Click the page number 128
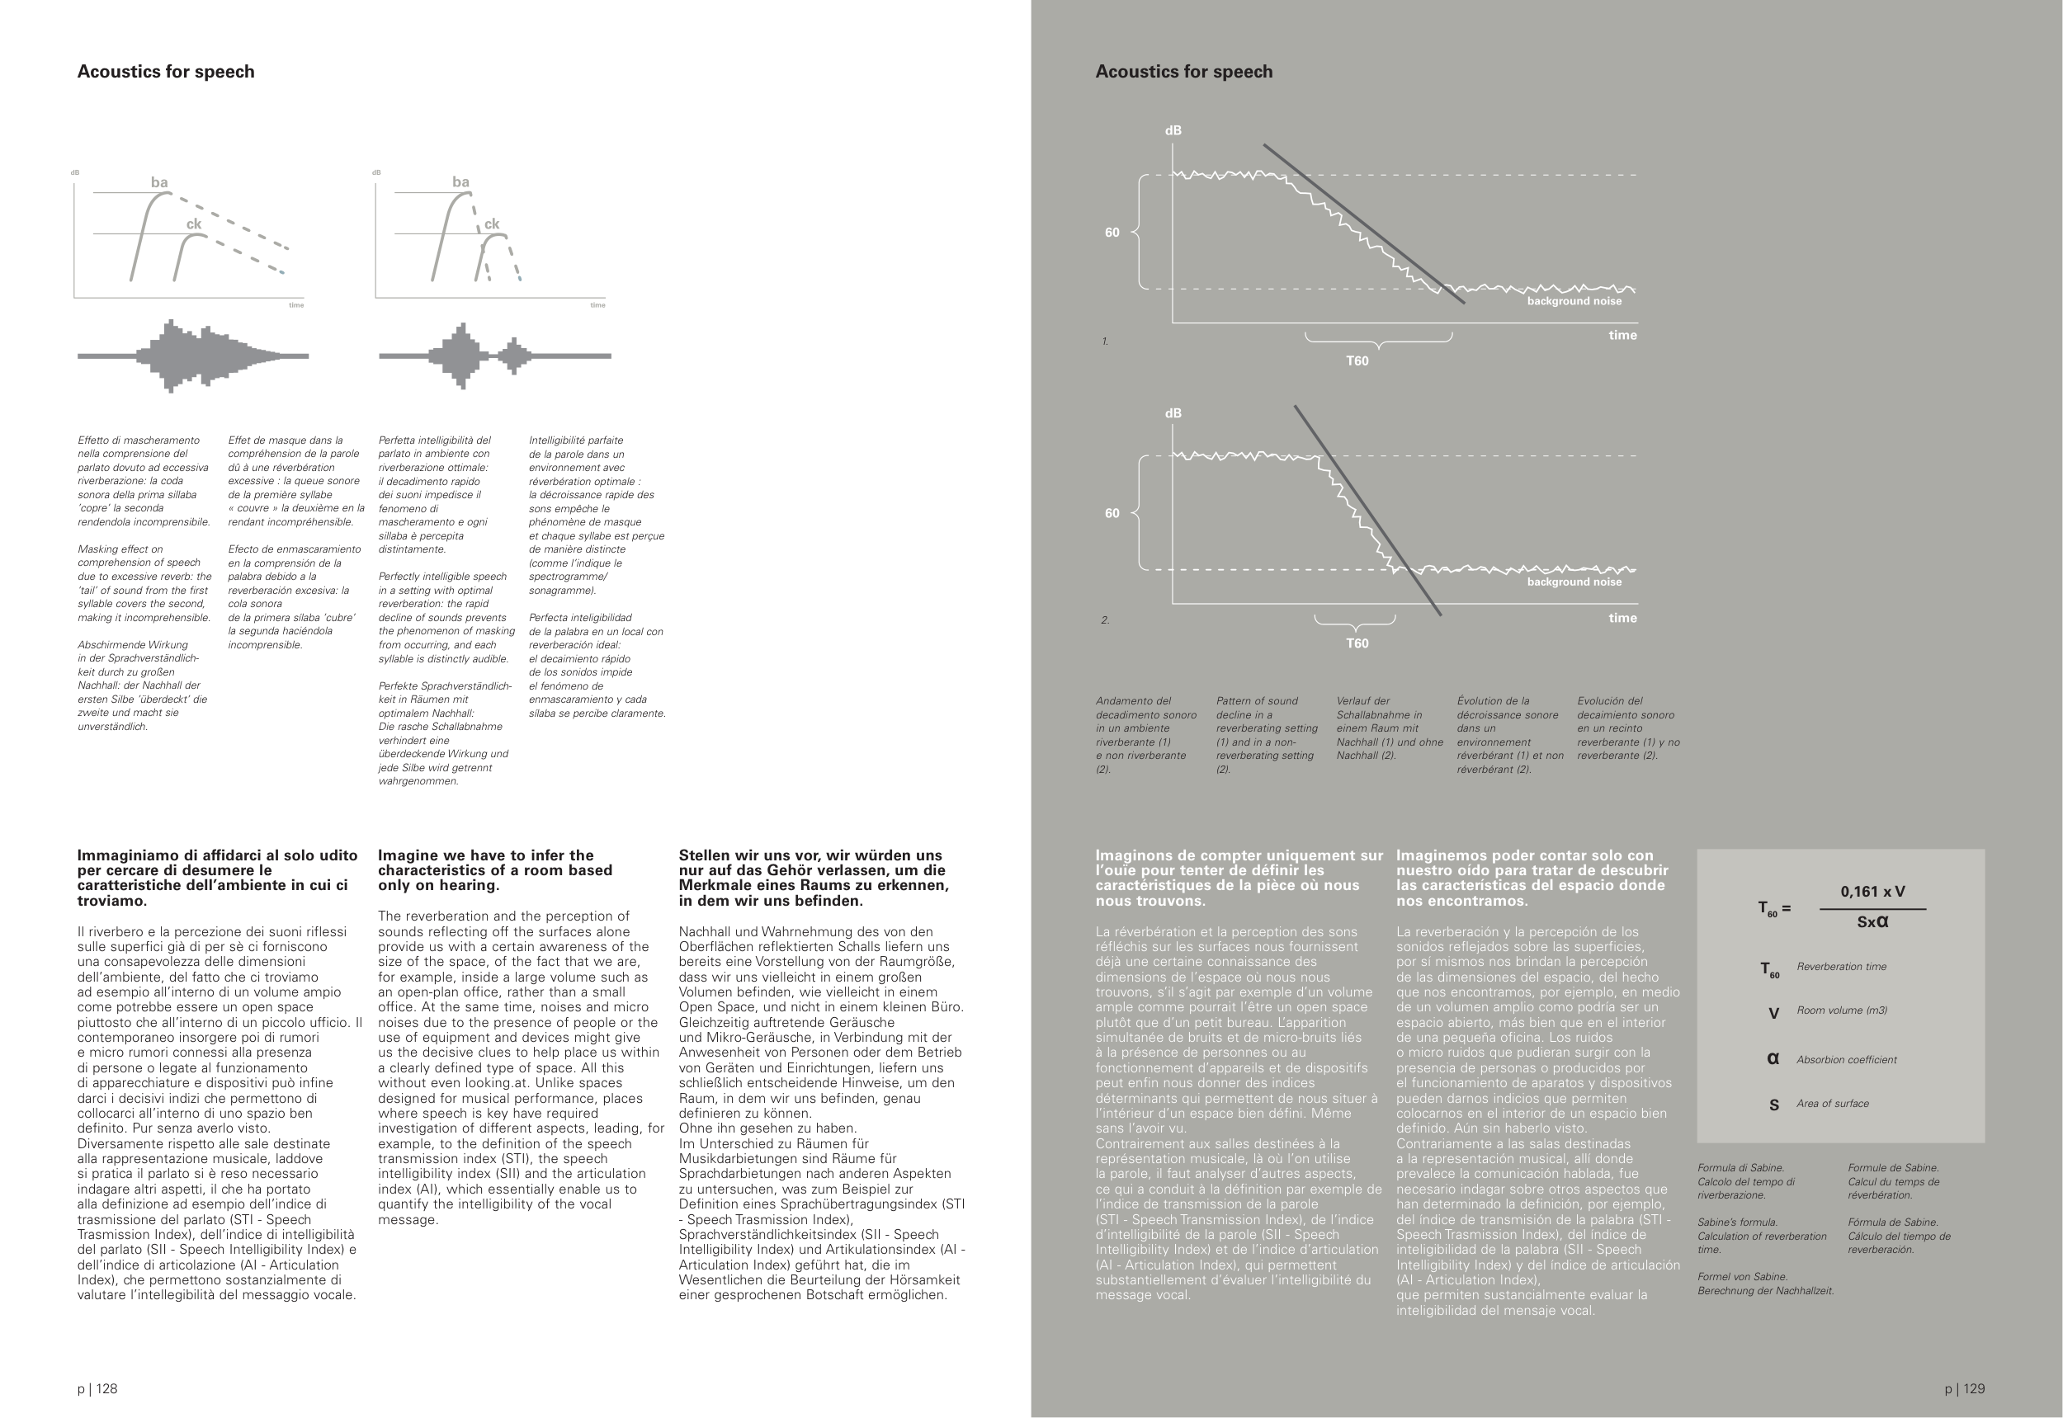pyautogui.click(x=97, y=1388)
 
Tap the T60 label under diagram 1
pyautogui.click(x=1357, y=360)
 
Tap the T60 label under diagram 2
pyautogui.click(x=1357, y=643)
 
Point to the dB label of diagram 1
pyautogui.click(x=1173, y=130)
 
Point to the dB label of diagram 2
pyautogui.click(x=1173, y=413)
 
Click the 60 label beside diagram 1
pyautogui.click(x=1112, y=233)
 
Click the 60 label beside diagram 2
pyautogui.click(x=1112, y=514)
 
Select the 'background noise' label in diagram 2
pyautogui.click(x=1574, y=582)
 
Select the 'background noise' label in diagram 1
pyautogui.click(x=1574, y=301)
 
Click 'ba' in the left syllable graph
pyautogui.click(x=159, y=183)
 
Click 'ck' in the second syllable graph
pyautogui.click(x=492, y=224)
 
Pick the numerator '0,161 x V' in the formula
pyautogui.click(x=1872, y=891)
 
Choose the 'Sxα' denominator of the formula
pyautogui.click(x=1872, y=922)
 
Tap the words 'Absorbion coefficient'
pyautogui.click(x=1846, y=1060)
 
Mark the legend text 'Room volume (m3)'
pyautogui.click(x=1842, y=1011)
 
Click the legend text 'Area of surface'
pyautogui.click(x=1832, y=1104)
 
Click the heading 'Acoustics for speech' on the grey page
pyautogui.click(x=1183, y=72)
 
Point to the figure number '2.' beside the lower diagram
pyautogui.click(x=1105, y=620)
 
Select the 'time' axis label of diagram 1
pyautogui.click(x=1622, y=335)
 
